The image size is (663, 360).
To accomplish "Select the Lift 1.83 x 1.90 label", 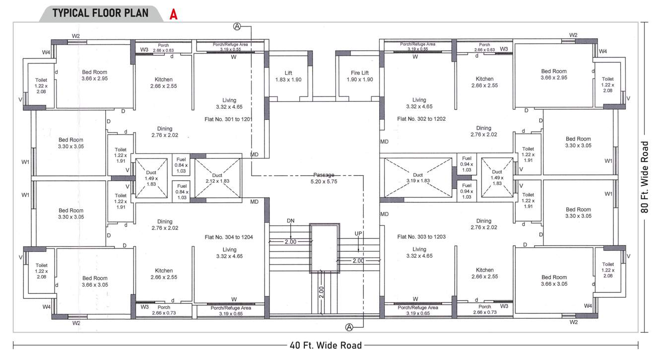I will click(x=288, y=76).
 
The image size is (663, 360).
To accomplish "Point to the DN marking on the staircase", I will click(x=291, y=220).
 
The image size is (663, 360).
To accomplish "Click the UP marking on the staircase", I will click(x=358, y=233).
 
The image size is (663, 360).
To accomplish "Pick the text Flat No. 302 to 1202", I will click(x=422, y=119).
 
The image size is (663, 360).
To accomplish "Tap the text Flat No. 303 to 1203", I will click(x=422, y=237).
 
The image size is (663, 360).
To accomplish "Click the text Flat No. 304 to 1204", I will click(x=229, y=237).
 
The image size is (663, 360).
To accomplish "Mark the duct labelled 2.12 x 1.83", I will click(x=217, y=178).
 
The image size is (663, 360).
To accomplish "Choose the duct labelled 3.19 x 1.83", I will click(x=418, y=178).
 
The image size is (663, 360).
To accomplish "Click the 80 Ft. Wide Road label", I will click(x=645, y=177).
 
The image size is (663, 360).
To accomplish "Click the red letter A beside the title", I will click(x=173, y=14).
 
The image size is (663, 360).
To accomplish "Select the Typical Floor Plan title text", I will click(x=100, y=13).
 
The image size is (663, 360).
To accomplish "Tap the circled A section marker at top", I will click(x=237, y=26).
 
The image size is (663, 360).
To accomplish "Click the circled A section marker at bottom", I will click(x=349, y=327).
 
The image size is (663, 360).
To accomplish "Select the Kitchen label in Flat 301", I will click(x=163, y=79).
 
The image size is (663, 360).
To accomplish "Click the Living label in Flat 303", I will click(x=419, y=249).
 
